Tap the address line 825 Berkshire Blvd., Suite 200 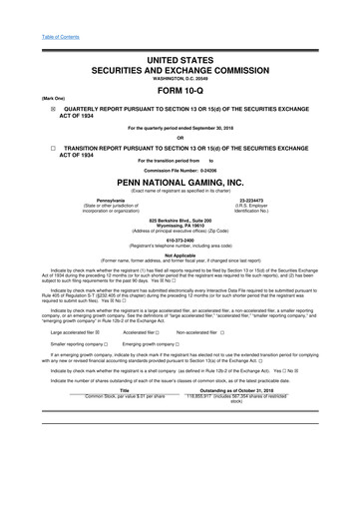[180, 218]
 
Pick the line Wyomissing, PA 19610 [180, 224]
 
